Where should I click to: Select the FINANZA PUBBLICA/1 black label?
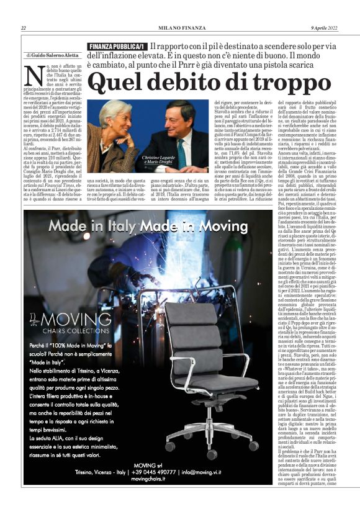coord(117,47)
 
